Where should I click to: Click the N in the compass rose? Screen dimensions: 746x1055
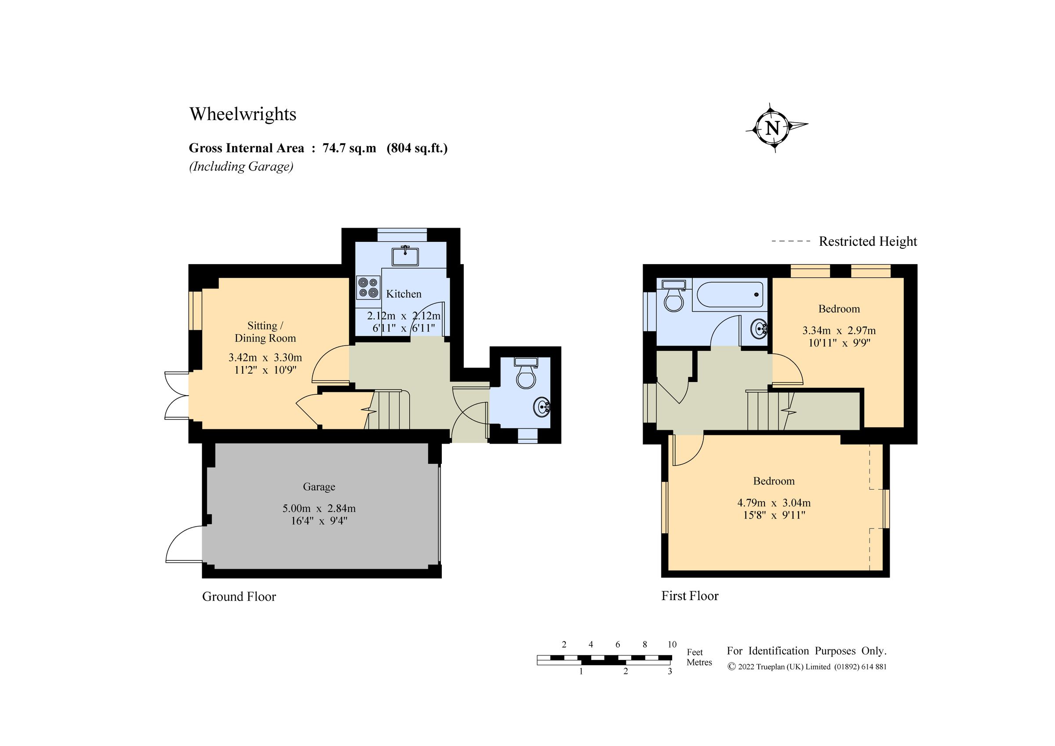click(x=772, y=128)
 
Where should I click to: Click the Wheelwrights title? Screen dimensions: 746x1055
click(x=243, y=114)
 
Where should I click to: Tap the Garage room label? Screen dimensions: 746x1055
click(x=318, y=486)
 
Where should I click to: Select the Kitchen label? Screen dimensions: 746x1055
click(x=404, y=294)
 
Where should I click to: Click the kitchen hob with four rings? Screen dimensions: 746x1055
click(x=368, y=287)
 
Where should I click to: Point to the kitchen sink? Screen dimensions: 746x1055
click(x=405, y=256)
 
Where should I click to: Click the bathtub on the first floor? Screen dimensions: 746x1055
click(x=730, y=295)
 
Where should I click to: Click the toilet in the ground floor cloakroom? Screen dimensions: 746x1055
click(x=526, y=373)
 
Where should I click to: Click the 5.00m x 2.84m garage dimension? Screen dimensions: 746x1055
click(x=319, y=508)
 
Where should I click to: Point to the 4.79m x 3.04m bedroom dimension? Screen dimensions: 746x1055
click(x=774, y=503)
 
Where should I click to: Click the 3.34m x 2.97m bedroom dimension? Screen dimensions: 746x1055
click(x=839, y=331)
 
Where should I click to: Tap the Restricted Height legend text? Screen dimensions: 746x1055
click(x=868, y=241)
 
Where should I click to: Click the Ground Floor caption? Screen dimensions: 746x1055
click(x=239, y=597)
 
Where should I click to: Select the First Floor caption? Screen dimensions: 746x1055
click(x=690, y=596)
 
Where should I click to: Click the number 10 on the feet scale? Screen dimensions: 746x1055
click(x=672, y=644)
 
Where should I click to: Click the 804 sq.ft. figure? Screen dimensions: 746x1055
click(x=417, y=148)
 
